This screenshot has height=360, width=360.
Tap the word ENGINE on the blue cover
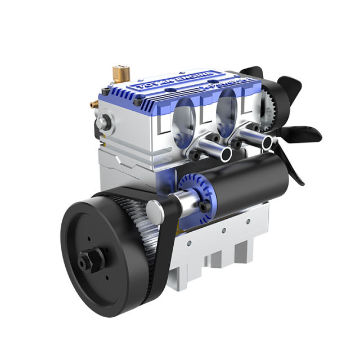point(197,78)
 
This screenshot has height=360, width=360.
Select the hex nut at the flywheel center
point(88,260)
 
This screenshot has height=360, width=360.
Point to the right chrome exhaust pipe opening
point(267,142)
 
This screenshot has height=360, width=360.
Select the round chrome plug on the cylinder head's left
point(102,122)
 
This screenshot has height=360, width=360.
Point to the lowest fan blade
point(295,169)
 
